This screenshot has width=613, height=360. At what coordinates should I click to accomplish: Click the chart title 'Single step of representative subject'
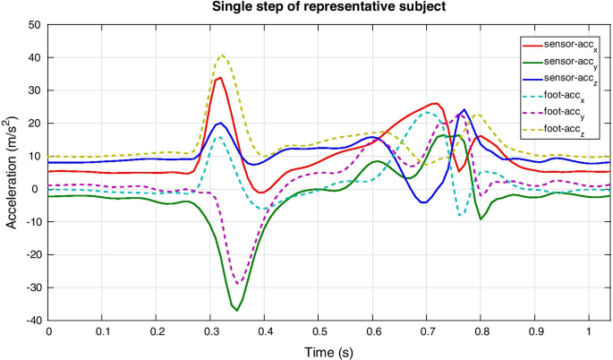click(x=329, y=8)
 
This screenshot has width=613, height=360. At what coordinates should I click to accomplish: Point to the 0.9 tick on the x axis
click(x=534, y=331)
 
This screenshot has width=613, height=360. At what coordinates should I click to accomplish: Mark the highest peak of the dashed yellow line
click(x=222, y=55)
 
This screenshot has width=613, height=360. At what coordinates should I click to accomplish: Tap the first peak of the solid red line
click(x=219, y=78)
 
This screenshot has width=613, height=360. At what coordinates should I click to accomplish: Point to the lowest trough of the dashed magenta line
click(x=238, y=284)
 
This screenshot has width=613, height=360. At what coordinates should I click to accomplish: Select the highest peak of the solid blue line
click(x=464, y=110)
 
